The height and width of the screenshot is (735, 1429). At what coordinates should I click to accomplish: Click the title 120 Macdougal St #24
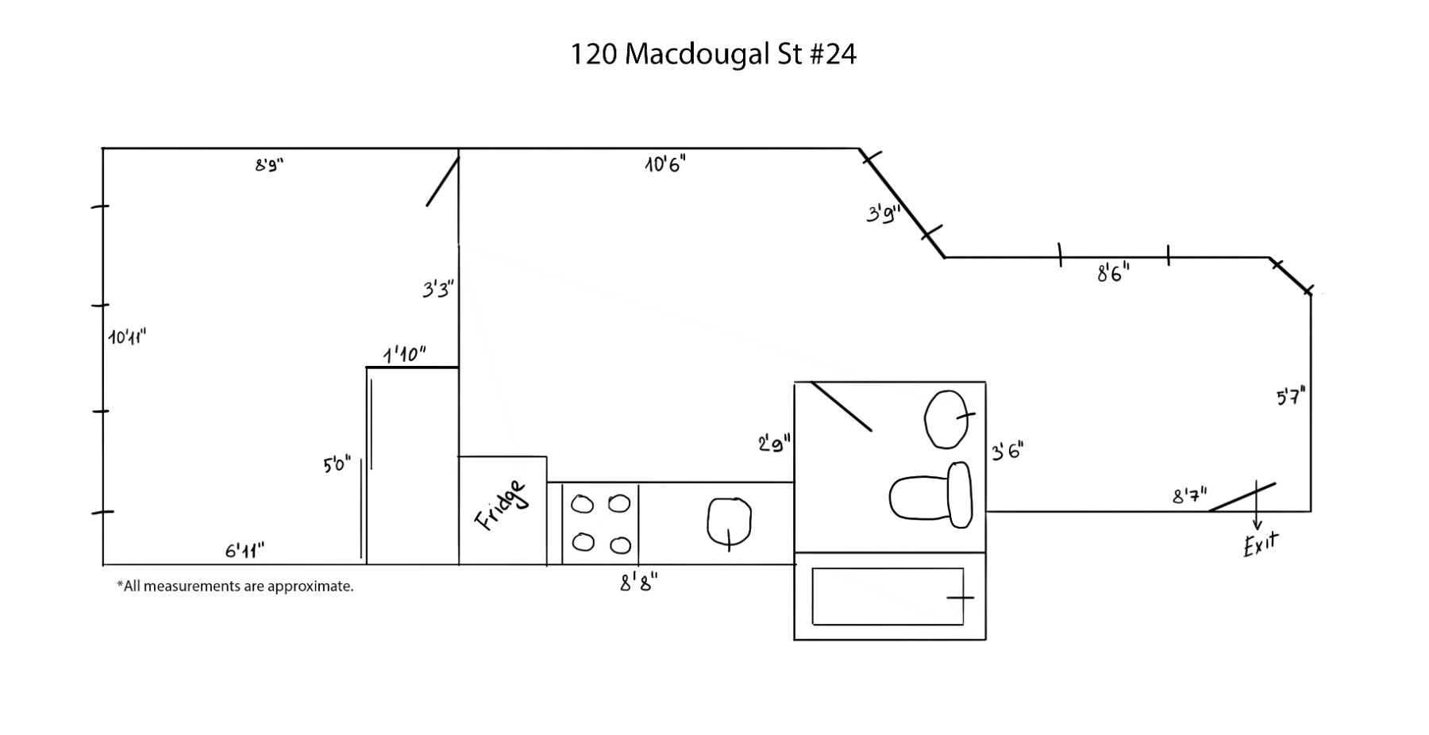click(713, 54)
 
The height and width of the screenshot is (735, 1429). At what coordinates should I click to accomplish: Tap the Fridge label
click(501, 505)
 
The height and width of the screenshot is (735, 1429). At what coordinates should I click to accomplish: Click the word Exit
click(1261, 545)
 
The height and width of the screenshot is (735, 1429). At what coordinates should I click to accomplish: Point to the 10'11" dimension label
click(127, 337)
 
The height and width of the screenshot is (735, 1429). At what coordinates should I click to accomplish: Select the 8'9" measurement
click(269, 165)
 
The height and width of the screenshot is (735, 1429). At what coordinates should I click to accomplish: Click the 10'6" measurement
click(665, 164)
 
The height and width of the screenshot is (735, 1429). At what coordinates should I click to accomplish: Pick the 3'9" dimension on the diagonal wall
click(883, 214)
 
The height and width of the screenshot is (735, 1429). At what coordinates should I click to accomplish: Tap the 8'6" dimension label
click(1113, 273)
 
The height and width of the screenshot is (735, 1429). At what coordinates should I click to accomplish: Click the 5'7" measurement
click(1291, 396)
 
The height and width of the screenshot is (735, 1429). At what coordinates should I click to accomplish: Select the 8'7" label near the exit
click(1189, 496)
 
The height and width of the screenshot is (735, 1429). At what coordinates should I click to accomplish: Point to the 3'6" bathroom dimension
click(1007, 452)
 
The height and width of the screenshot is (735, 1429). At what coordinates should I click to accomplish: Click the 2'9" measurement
click(774, 444)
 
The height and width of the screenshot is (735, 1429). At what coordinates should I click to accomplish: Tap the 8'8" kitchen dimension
click(638, 583)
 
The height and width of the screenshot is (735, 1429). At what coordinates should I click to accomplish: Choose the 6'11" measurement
click(245, 550)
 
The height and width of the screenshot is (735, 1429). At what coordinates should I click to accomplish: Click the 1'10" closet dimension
click(405, 354)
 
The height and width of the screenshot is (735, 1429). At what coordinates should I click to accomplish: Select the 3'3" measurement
click(437, 289)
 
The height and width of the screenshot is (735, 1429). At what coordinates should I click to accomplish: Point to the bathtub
click(888, 596)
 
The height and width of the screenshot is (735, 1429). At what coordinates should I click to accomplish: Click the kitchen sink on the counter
click(729, 521)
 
